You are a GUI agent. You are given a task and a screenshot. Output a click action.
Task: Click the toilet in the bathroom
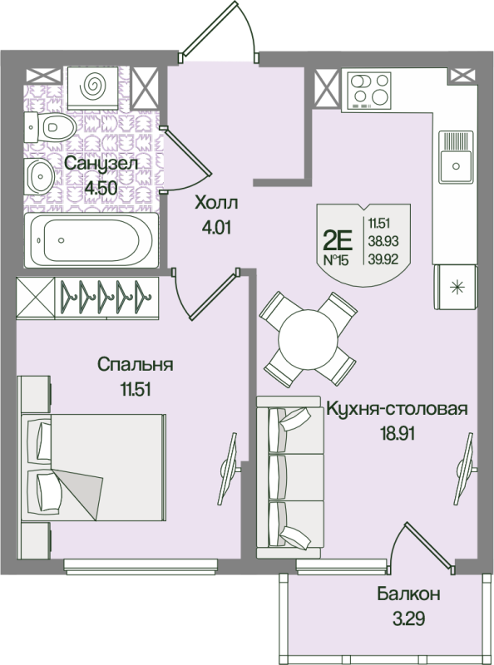coord(50,127)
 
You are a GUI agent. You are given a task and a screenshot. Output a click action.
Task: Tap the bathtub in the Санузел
coord(91,240)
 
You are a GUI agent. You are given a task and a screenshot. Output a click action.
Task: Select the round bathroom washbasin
coord(40,176)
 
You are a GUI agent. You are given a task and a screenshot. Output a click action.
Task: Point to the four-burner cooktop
coord(368,91)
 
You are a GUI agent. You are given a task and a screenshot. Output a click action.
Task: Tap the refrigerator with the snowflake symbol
coord(456,287)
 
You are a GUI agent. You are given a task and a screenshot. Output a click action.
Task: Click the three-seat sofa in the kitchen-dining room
coord(288,477)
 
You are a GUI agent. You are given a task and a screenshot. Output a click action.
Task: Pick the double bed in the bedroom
coord(92,467)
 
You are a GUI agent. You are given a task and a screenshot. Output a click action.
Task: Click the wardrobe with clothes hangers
coord(87,297)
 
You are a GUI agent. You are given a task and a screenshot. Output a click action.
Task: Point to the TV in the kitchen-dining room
coord(466,467)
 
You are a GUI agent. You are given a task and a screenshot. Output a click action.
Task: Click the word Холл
coord(216,204)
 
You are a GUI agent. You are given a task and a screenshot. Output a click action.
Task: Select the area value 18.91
coord(398,433)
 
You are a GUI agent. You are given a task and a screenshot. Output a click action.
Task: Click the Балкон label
coord(408,594)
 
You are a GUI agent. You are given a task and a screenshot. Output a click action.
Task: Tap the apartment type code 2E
coord(338,242)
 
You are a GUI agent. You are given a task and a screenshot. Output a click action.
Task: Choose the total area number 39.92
coord(383,259)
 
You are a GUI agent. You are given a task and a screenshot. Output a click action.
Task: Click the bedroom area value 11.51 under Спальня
coord(136,389)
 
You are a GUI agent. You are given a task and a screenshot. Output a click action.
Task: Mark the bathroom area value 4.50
coord(101,187)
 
